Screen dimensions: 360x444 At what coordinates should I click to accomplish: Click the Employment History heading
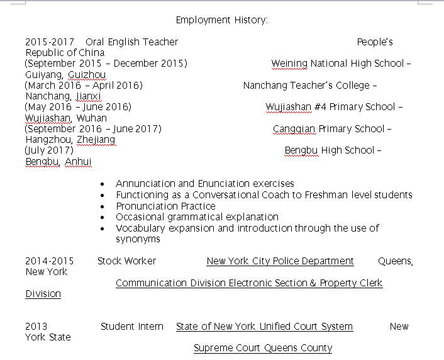[221, 20]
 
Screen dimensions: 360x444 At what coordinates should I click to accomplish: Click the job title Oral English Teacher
[131, 42]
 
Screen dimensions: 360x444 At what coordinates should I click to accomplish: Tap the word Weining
[289, 64]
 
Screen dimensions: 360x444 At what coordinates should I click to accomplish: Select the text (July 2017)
[49, 150]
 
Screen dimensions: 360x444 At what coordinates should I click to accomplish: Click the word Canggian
[294, 129]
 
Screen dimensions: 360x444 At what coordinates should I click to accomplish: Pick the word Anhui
[78, 162]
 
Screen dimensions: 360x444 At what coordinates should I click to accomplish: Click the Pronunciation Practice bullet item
[165, 206]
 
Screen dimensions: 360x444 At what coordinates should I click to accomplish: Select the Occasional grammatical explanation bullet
[197, 217]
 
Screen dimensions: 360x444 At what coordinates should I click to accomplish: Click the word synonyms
[138, 239]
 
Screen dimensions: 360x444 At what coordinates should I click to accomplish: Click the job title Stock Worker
[126, 261]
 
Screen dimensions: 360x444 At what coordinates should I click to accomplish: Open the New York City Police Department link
[280, 261]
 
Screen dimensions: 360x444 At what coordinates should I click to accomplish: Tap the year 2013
[36, 327]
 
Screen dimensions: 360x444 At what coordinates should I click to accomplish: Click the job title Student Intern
[131, 327]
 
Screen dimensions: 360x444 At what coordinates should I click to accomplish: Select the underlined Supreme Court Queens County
[262, 348]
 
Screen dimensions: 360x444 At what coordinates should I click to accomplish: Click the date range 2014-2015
[49, 261]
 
